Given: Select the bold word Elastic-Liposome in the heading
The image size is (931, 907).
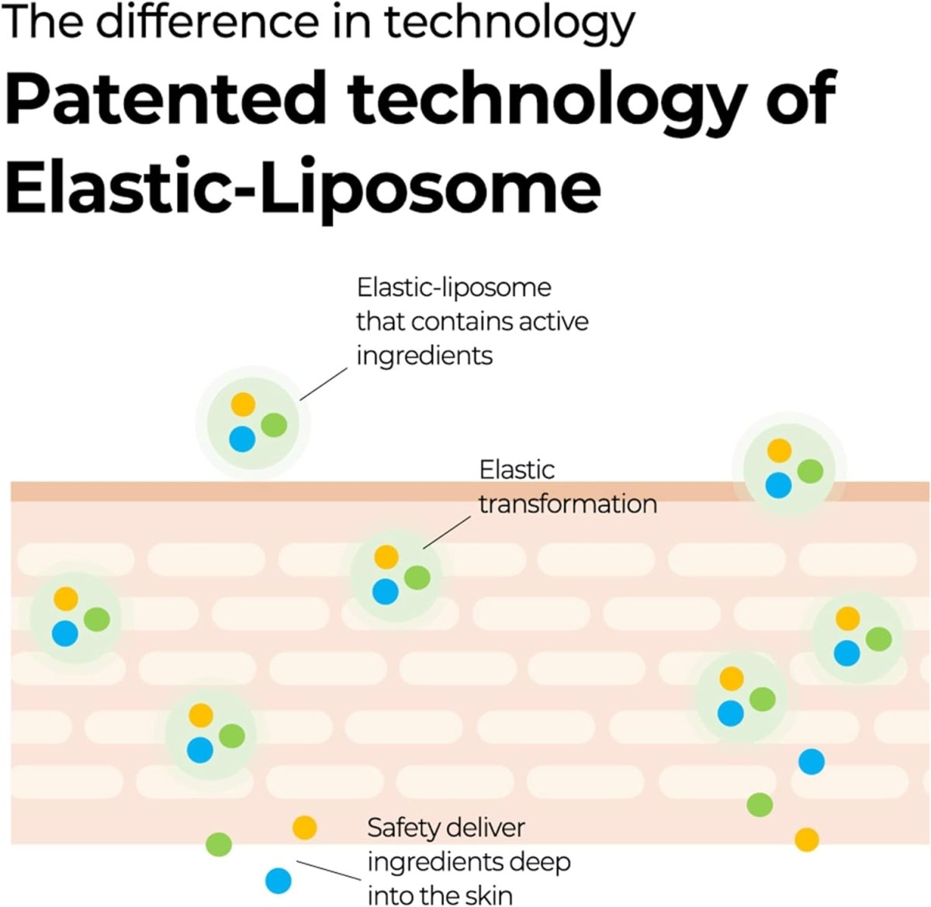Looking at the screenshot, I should pyautogui.click(x=303, y=189).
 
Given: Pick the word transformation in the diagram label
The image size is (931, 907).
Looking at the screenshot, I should pyautogui.click(x=567, y=504).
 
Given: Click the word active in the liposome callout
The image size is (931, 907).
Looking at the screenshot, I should pyautogui.click(x=553, y=321).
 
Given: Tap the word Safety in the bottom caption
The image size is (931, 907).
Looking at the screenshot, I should pyautogui.click(x=403, y=828).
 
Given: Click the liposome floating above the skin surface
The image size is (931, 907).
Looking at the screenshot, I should pyautogui.click(x=251, y=422).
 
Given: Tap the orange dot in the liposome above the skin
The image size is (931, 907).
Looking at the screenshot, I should pyautogui.click(x=243, y=404).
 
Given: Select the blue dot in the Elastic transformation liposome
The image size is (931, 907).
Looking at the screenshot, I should pyautogui.click(x=386, y=591).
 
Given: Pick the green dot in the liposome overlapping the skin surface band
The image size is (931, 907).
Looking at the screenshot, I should pyautogui.click(x=810, y=471).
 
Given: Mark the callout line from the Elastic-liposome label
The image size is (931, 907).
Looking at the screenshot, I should pyautogui.click(x=324, y=384).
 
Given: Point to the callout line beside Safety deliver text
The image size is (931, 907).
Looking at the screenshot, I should pyautogui.click(x=329, y=870).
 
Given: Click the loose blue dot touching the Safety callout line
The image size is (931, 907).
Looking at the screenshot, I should pyautogui.click(x=278, y=881).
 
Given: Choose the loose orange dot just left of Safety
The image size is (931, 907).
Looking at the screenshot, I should pyautogui.click(x=305, y=828).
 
